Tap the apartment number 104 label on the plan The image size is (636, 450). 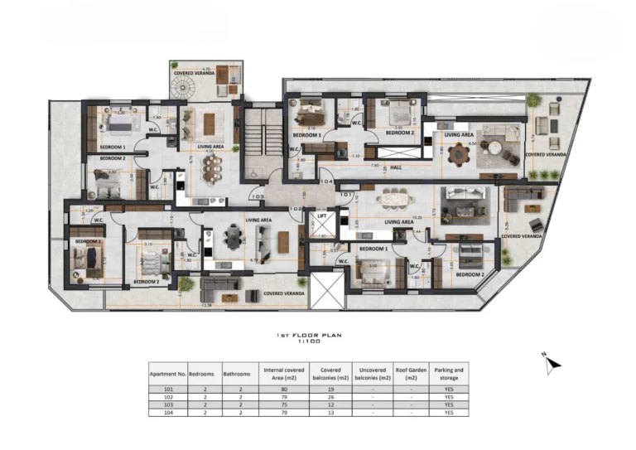click(x=325, y=180)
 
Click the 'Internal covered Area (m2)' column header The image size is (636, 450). click(x=284, y=373)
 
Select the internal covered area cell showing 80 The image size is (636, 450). click(x=284, y=389)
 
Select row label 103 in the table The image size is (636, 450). click(x=168, y=404)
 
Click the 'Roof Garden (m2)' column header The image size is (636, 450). click(x=411, y=373)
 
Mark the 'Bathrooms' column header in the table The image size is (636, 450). click(x=238, y=373)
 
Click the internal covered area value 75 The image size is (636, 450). click(x=284, y=404)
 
